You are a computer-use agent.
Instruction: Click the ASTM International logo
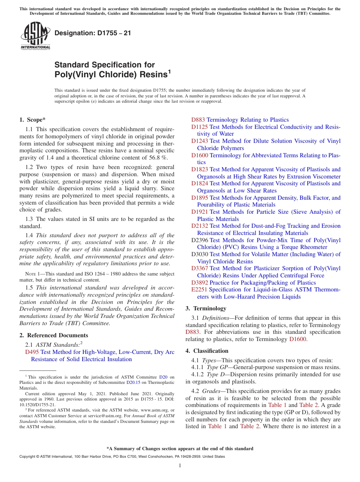(x=35, y=36)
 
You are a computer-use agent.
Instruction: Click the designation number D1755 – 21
(x=93, y=33)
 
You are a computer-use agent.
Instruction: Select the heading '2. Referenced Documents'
(x=53, y=335)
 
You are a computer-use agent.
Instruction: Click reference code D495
(x=32, y=352)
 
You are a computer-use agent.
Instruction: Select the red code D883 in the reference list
(x=198, y=120)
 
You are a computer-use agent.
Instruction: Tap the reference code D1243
(x=199, y=141)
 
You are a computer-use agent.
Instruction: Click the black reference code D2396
(x=200, y=240)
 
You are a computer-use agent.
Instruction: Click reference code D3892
(x=199, y=283)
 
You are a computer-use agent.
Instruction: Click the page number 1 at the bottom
(x=180, y=465)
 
